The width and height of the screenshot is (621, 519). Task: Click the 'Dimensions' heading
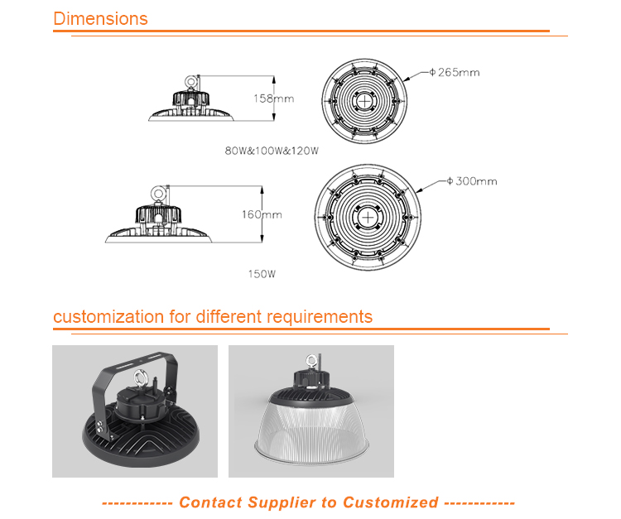tap(100, 18)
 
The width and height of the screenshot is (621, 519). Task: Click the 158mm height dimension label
tap(273, 99)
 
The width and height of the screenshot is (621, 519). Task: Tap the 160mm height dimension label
tap(262, 214)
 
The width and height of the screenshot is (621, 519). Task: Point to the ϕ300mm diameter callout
tap(471, 180)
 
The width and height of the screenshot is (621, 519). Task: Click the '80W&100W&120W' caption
tap(271, 151)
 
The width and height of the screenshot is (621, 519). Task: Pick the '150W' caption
tap(262, 273)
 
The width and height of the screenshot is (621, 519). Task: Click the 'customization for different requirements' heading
tap(213, 317)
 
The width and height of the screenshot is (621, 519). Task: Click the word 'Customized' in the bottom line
tap(390, 502)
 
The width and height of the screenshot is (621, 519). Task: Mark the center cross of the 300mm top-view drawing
tap(368, 214)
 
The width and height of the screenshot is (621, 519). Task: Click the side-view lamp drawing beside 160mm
tap(159, 220)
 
